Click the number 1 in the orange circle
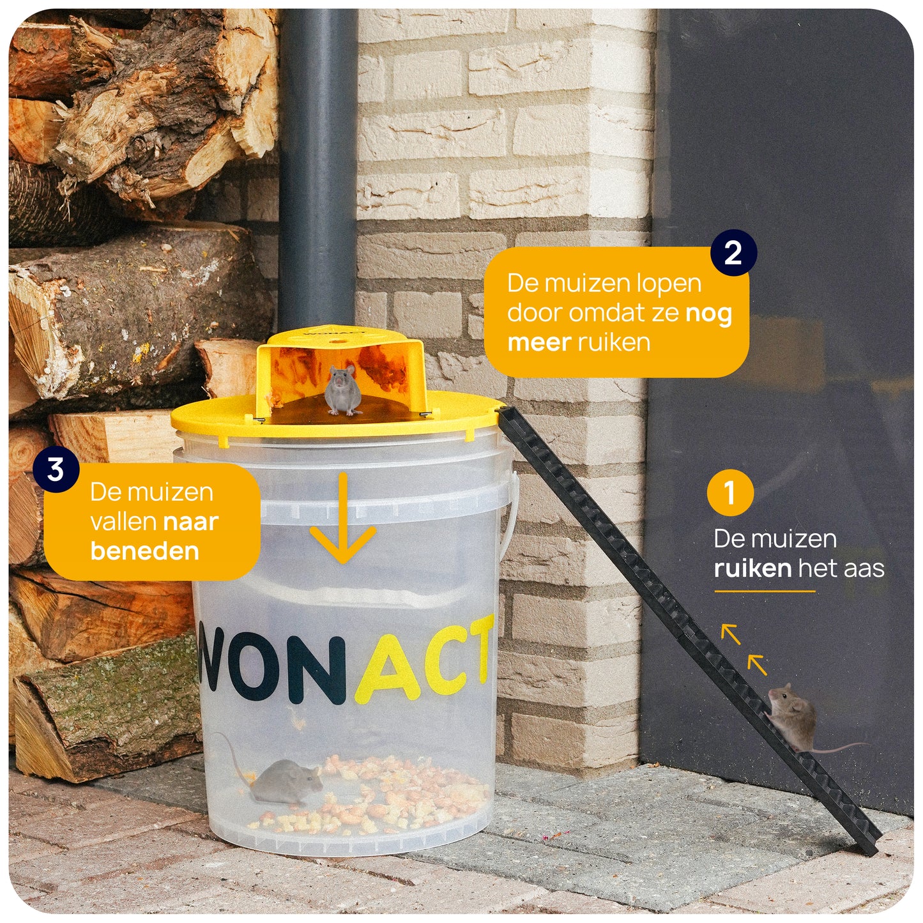pos(730,492)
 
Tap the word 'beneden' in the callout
pos(144,551)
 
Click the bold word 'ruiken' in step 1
pos(752,568)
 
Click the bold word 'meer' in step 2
pos(539,343)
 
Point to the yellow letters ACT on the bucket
pos(424,658)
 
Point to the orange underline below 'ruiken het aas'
pos(765,591)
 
